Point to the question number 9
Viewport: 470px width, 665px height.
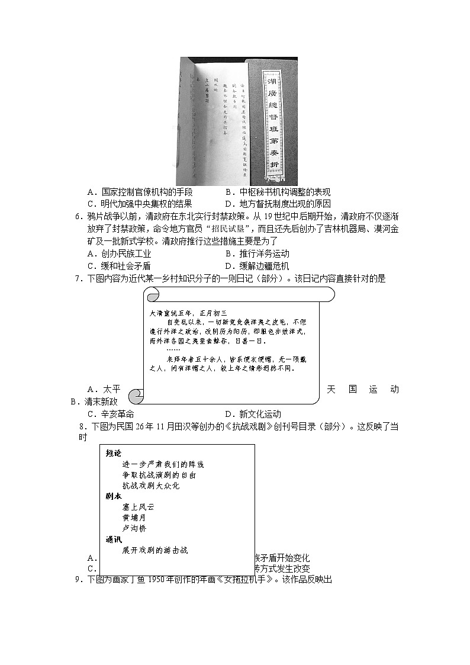pyautogui.click(x=78, y=580)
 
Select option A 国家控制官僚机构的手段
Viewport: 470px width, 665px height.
pyautogui.click(x=139, y=192)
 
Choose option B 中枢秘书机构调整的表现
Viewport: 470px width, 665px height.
pyautogui.click(x=277, y=192)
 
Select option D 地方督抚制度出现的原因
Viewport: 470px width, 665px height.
pyautogui.click(x=277, y=204)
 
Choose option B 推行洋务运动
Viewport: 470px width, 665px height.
pyautogui.click(x=257, y=254)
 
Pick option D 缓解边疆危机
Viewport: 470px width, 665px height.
pyautogui.click(x=257, y=266)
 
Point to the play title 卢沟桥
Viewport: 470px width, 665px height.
pyautogui.click(x=134, y=528)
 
